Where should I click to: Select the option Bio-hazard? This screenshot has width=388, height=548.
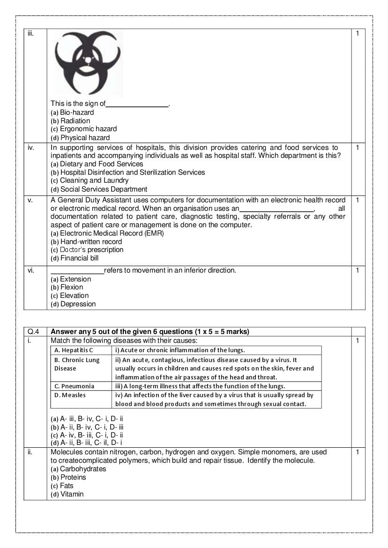coord(72,112)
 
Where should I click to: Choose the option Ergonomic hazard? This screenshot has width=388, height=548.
coord(83,129)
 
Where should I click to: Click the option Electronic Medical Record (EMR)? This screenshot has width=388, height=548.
coord(107,233)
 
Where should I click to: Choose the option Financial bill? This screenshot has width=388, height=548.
coord(75,258)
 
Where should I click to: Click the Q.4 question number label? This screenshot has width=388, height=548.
coord(31,332)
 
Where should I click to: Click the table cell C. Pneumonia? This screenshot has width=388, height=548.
coord(75,386)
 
